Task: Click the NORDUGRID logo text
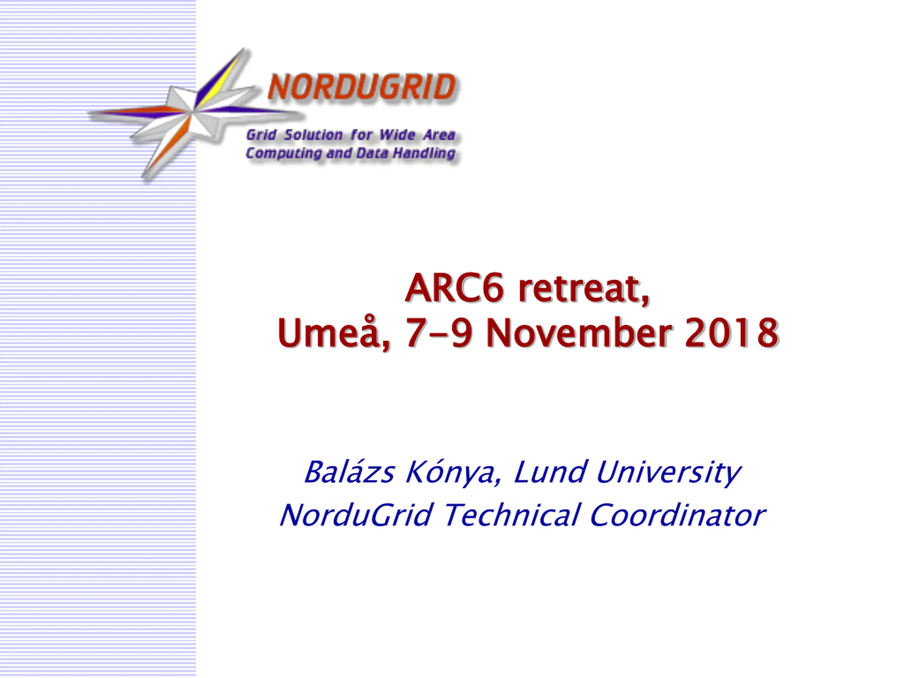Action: [x=362, y=87]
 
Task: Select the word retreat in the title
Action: [x=584, y=289]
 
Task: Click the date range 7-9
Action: [x=439, y=333]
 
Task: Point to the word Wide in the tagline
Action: [x=398, y=135]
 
